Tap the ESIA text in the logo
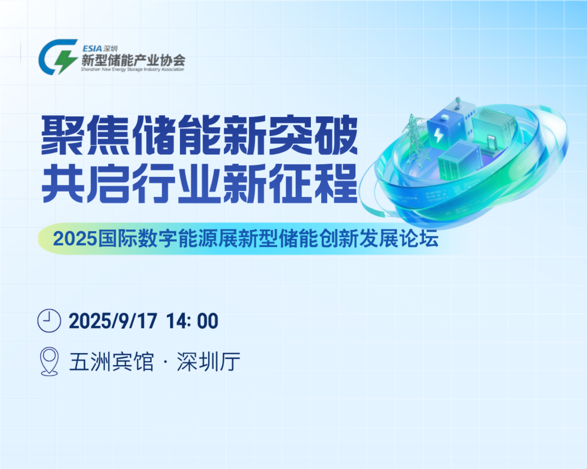tap(92, 49)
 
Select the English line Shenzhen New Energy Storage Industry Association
tap(133, 69)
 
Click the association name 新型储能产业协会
tap(133, 60)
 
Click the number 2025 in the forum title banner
tap(75, 239)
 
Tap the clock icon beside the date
tap(49, 321)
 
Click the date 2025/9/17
tap(113, 321)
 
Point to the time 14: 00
tap(192, 321)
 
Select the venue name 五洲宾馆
tap(112, 362)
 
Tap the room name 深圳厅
tap(209, 362)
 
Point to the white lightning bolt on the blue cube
tap(438, 135)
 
